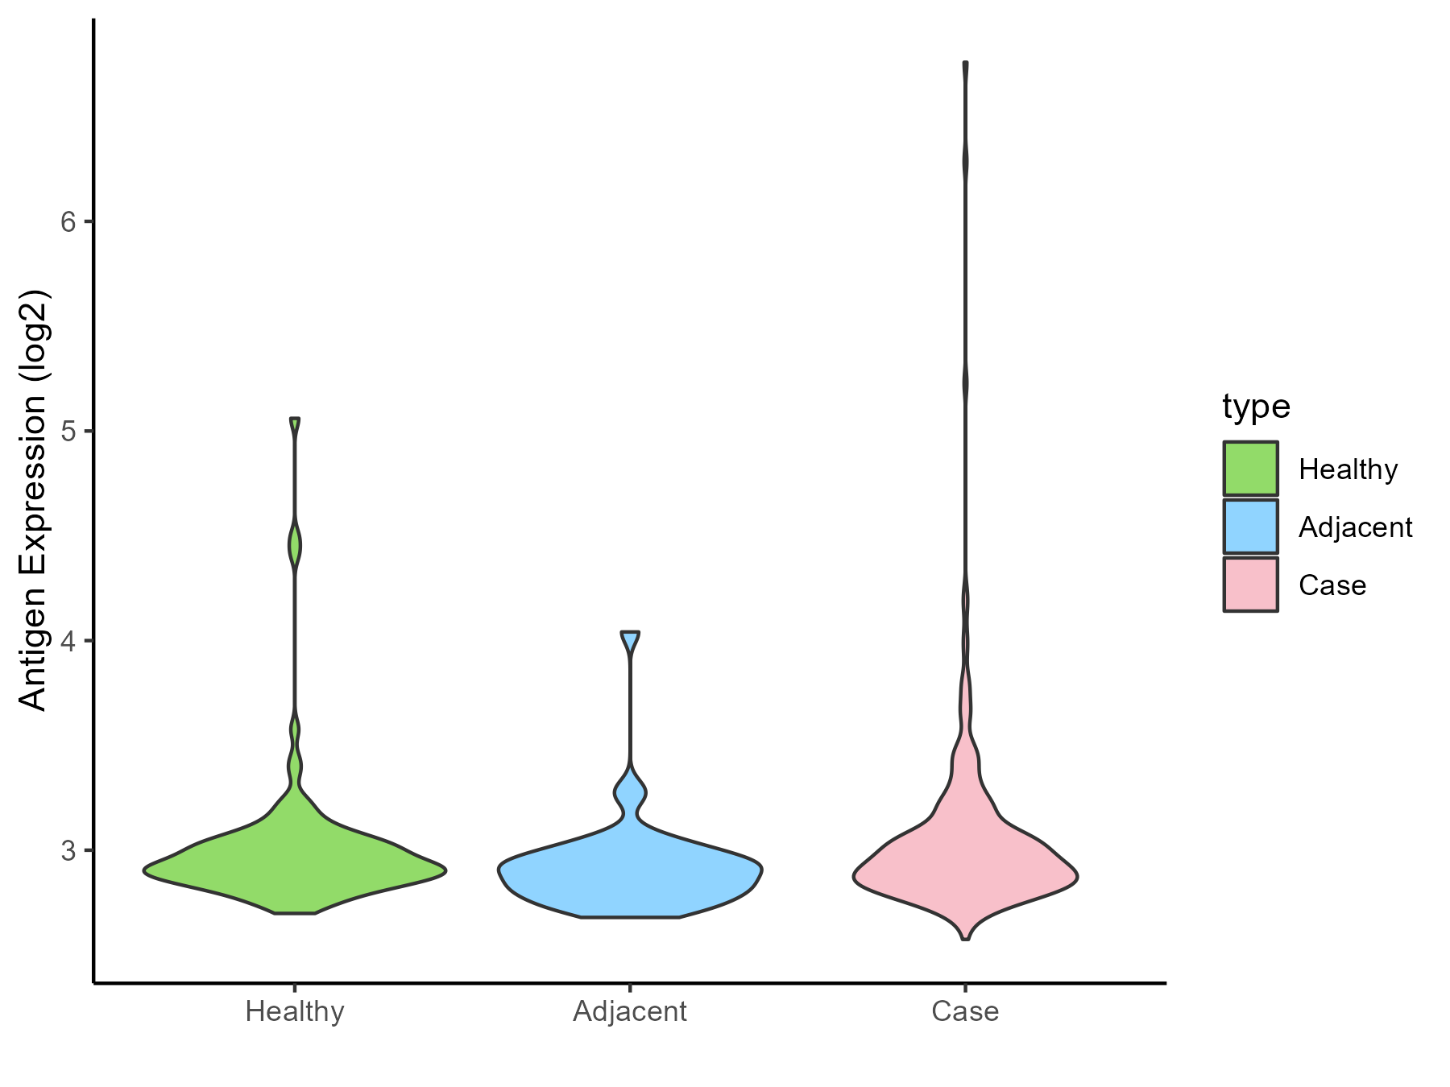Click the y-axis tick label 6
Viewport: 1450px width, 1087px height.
[x=68, y=221]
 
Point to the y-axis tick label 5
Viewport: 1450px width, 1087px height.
[x=68, y=432]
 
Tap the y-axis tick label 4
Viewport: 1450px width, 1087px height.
[x=68, y=642]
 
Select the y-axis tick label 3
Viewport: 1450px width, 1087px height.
[x=68, y=851]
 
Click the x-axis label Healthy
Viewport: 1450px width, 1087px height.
[x=295, y=1011]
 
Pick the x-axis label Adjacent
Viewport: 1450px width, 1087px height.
[x=630, y=1011]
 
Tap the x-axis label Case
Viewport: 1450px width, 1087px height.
[x=965, y=1011]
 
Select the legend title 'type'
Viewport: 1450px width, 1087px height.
[x=1256, y=407]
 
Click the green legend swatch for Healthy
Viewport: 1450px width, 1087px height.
[x=1250, y=469]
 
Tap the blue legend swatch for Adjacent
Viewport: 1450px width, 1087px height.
[x=1250, y=527]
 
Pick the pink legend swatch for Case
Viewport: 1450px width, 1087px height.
[x=1250, y=585]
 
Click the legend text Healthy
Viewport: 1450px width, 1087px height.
[x=1348, y=469]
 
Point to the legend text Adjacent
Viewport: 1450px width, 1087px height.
[x=1355, y=527]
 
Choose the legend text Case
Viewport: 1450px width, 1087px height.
[x=1332, y=585]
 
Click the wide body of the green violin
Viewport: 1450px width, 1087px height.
[x=295, y=870]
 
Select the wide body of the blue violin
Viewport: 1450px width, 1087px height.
[x=630, y=874]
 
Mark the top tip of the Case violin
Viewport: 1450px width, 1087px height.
[x=965, y=63]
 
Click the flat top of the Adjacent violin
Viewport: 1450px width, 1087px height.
[x=630, y=633]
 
